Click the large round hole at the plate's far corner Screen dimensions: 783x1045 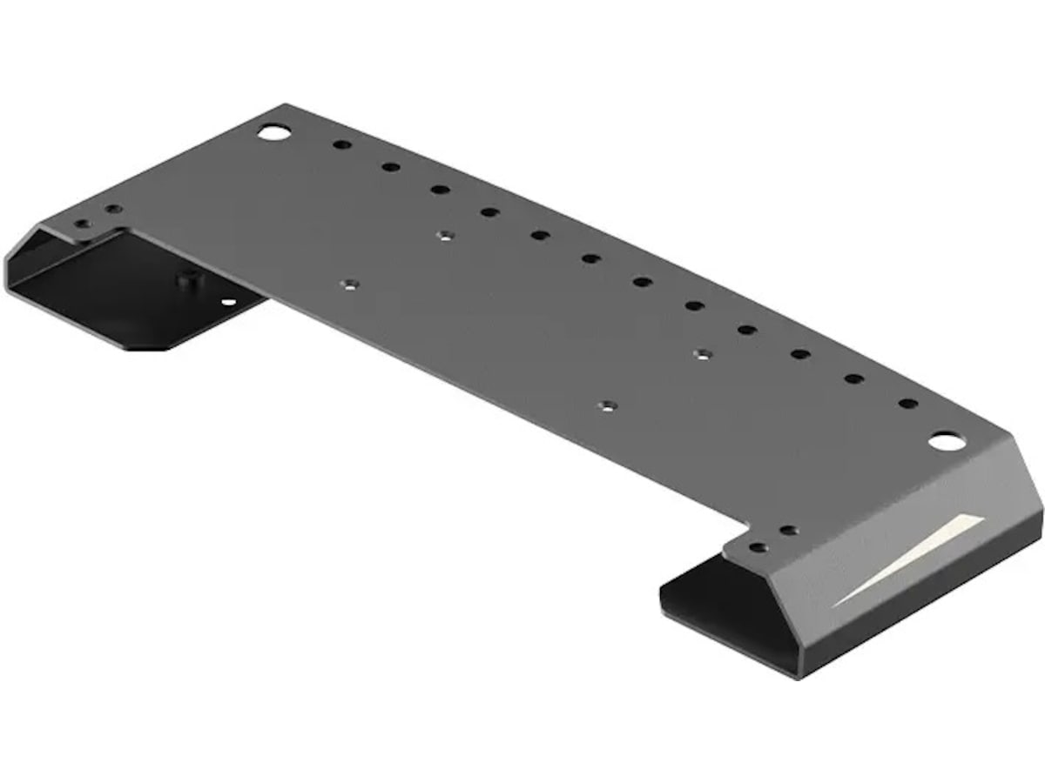coord(273,132)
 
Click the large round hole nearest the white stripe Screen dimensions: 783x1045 coord(942,442)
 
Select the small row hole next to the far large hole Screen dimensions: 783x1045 coord(342,144)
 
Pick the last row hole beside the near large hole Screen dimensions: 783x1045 coord(907,404)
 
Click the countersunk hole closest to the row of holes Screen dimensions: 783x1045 coord(445,235)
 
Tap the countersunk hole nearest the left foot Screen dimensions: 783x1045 coord(349,284)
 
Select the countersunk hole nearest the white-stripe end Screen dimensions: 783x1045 coord(704,353)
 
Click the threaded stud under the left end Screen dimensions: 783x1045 coord(185,281)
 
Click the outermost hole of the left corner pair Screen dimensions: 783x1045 coord(83,224)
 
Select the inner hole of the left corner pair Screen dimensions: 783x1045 coord(112,210)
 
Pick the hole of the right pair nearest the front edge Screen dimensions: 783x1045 coord(758,548)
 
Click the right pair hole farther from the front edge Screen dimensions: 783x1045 coord(788,530)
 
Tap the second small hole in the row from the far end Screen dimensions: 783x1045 coord(391,167)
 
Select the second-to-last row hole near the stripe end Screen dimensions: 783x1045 coord(854,378)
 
